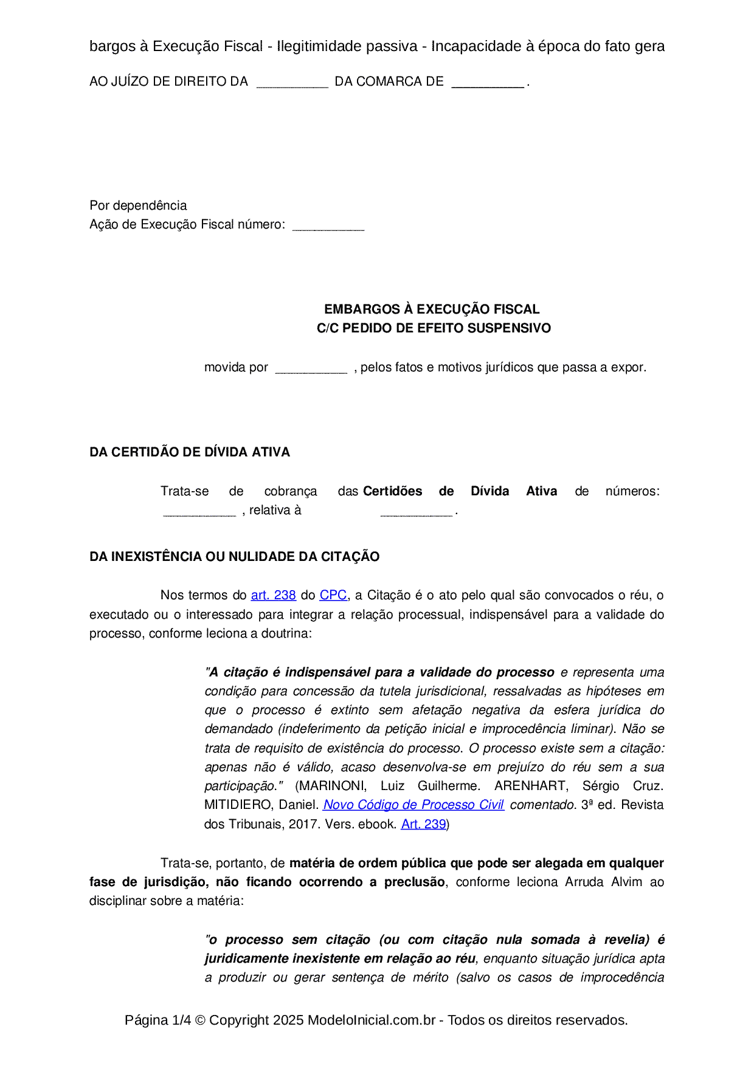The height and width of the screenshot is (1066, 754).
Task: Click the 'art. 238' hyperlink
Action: (x=273, y=596)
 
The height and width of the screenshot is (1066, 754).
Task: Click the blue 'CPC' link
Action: (x=333, y=596)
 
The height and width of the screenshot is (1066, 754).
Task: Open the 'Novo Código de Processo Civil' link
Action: (x=413, y=805)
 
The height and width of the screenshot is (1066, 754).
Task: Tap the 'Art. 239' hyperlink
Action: (x=423, y=825)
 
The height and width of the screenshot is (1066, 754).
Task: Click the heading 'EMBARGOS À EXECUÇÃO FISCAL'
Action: (x=432, y=309)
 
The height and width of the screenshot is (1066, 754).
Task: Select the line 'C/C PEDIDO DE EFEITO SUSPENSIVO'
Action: (x=434, y=328)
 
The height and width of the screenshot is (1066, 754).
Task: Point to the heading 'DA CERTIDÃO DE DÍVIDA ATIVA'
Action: (x=190, y=452)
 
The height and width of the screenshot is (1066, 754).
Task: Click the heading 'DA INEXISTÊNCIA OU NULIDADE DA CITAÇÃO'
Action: (x=234, y=557)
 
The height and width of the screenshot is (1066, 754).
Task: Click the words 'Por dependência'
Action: (x=138, y=205)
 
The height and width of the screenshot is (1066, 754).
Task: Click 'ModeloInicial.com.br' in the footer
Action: (x=371, y=1020)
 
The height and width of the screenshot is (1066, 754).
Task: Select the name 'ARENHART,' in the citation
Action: (x=531, y=786)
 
